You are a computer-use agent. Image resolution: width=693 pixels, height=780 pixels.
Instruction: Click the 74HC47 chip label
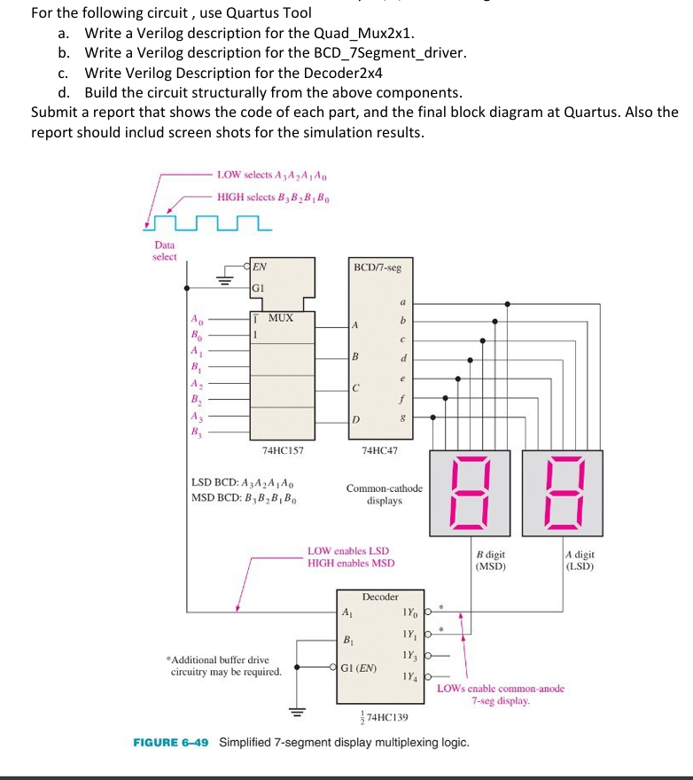click(380, 450)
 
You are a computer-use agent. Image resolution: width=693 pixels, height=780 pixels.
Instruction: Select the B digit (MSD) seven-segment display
click(470, 493)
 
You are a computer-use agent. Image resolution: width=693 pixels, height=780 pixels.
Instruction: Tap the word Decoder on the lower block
click(380, 597)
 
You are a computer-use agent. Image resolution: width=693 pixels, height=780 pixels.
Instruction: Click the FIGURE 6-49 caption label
click(171, 742)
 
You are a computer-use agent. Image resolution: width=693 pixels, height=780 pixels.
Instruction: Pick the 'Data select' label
click(165, 251)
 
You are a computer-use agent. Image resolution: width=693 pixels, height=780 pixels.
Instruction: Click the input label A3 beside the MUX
click(195, 417)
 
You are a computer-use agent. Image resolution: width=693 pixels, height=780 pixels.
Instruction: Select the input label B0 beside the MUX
click(195, 334)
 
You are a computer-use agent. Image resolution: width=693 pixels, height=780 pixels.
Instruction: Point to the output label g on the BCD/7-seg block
click(404, 417)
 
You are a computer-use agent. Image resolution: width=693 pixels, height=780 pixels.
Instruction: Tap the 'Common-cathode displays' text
click(385, 495)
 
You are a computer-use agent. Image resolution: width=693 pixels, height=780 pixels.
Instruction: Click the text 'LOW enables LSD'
click(347, 551)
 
